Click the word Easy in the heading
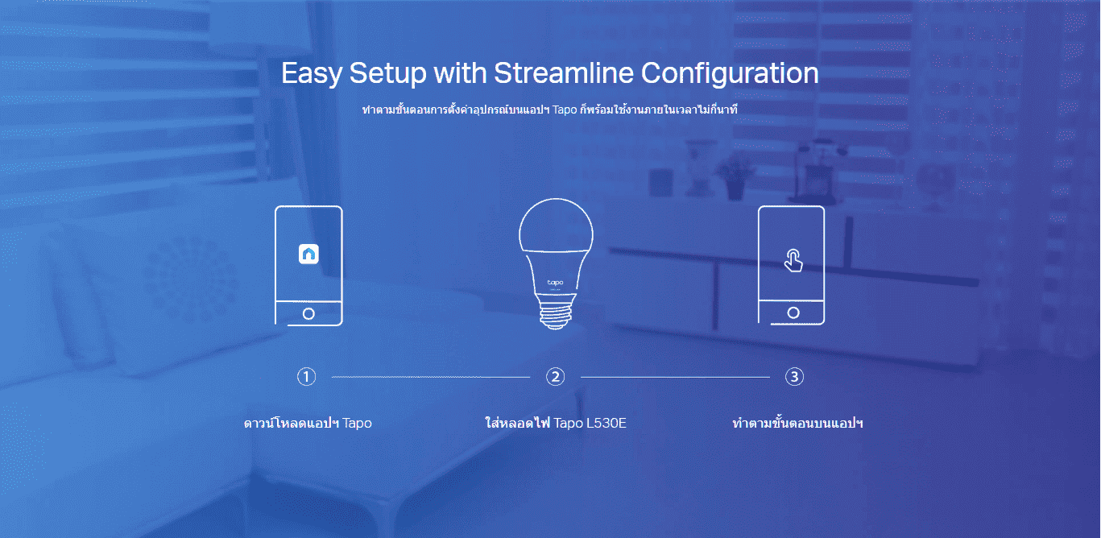click(311, 74)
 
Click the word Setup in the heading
click(388, 74)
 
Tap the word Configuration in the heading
click(730, 74)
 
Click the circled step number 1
click(306, 377)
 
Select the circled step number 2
click(556, 377)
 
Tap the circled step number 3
click(794, 377)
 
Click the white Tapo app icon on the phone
click(308, 254)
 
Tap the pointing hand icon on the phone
click(793, 260)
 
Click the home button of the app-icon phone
click(308, 313)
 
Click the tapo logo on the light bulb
click(556, 283)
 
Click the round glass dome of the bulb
click(556, 226)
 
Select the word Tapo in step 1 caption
click(357, 424)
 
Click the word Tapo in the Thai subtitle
click(565, 110)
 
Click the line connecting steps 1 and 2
click(431, 377)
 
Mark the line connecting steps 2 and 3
click(676, 377)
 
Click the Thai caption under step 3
click(797, 423)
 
